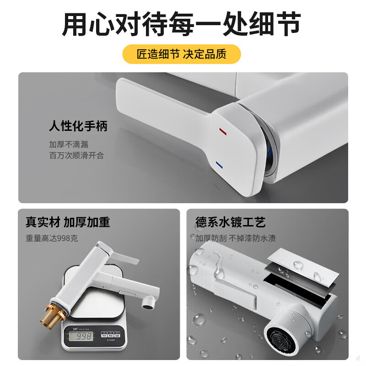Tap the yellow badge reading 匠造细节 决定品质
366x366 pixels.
(182, 54)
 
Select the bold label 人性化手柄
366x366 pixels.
(78, 126)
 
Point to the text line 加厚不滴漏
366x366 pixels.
(69, 144)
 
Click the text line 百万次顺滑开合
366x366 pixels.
(76, 156)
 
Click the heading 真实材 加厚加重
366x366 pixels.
(68, 222)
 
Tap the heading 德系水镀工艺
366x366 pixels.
(231, 222)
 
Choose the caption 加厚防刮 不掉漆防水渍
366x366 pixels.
(236, 238)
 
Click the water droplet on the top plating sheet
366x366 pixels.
(298, 264)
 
